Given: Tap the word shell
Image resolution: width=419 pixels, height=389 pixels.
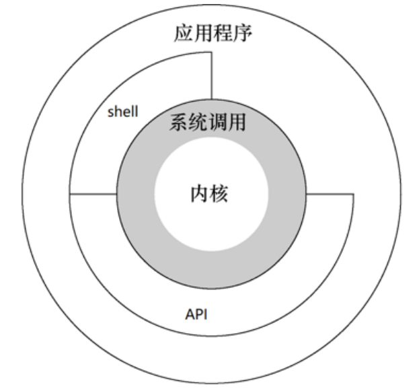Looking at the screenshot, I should pos(123,112).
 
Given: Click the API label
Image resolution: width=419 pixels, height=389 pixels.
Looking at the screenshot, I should pos(196,314).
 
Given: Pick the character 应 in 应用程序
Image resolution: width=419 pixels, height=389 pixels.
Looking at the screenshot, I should pos(183,33).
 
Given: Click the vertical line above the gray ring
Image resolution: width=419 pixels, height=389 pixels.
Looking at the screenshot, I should pos(212,74).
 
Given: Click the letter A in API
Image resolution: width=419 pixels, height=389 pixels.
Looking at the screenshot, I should pos(188,314).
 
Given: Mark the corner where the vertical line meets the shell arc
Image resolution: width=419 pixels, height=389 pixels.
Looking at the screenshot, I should pos(212,52).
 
